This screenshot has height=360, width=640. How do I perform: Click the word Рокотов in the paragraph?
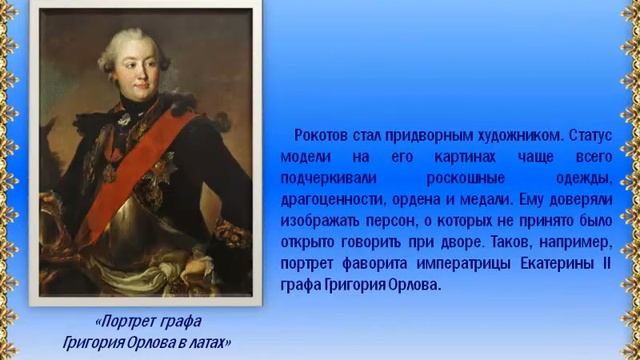tap(324, 134)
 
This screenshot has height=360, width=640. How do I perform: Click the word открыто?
tap(318, 243)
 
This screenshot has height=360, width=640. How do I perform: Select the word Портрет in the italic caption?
tap(127, 323)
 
